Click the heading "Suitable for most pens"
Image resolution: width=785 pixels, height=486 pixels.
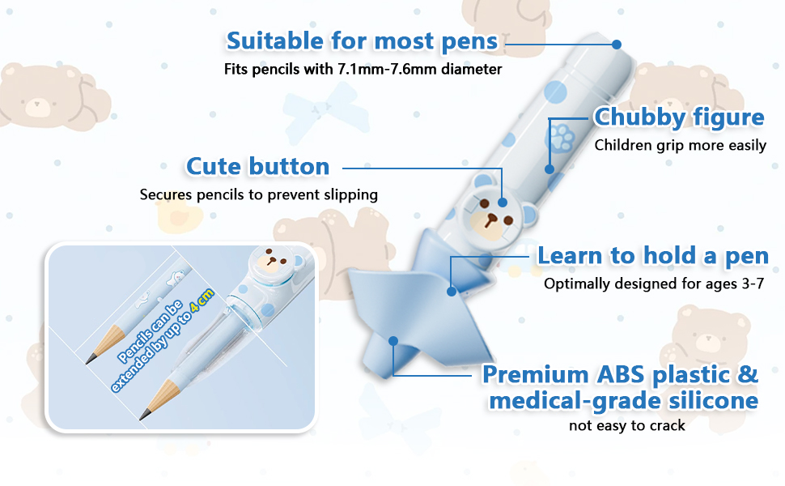point(362,41)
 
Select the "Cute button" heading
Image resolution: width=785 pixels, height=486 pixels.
point(258,166)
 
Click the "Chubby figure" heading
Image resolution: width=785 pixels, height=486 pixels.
point(679,117)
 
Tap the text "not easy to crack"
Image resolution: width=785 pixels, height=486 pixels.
point(627,426)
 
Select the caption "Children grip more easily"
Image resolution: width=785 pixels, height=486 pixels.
point(681,145)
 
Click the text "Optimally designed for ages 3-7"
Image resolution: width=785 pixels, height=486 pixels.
point(654,283)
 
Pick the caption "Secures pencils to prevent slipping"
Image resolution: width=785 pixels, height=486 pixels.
point(258,194)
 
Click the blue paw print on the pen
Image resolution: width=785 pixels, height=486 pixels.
point(562,135)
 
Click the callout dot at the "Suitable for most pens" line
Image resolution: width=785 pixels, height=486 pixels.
point(617,45)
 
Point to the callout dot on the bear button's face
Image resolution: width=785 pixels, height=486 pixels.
point(502,202)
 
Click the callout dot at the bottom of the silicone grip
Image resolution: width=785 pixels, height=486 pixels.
point(393,341)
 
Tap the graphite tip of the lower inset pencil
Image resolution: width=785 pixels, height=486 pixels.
point(145,415)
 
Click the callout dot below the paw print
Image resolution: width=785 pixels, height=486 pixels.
point(549,169)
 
